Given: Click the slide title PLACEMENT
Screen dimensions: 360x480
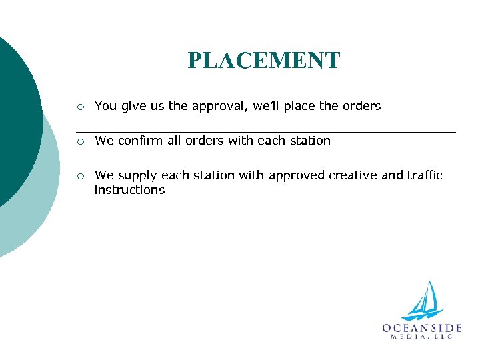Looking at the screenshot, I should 263,61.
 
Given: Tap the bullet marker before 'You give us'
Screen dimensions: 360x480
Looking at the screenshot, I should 80,106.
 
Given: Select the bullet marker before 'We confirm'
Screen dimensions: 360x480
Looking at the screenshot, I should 80,141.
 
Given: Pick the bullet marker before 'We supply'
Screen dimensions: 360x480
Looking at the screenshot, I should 80,176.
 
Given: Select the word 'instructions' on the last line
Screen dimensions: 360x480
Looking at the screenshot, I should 129,190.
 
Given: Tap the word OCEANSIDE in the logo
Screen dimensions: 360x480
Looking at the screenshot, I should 422,328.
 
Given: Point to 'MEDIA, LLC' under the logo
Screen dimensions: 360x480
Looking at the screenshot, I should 422,337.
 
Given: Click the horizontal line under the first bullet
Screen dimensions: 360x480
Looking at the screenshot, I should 267,132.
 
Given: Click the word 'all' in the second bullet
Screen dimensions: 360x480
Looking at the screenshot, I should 172,141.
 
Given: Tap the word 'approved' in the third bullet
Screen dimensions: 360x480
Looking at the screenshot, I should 297,176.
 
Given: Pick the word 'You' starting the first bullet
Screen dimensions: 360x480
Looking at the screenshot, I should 105,106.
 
